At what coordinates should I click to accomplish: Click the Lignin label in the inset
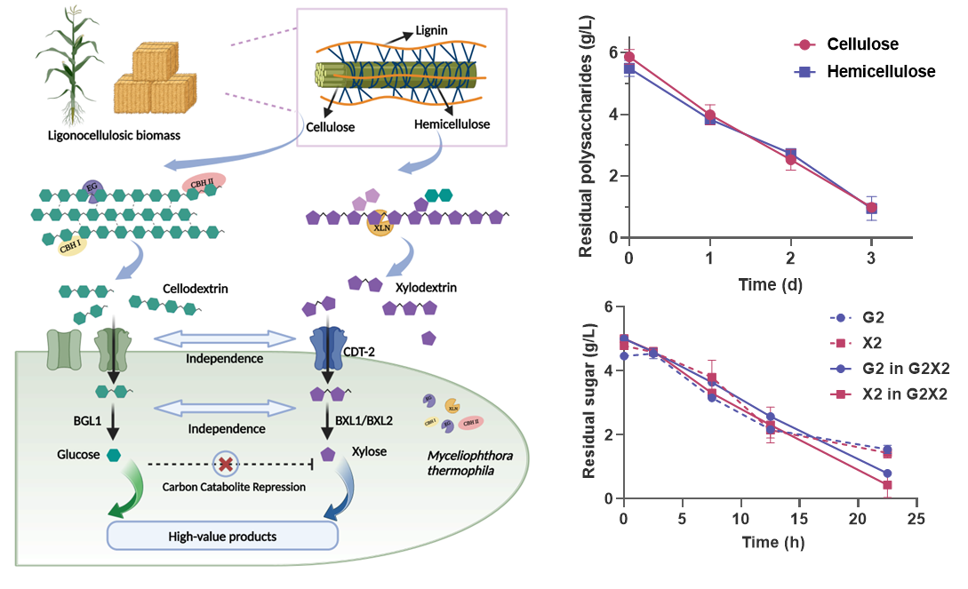point(432,33)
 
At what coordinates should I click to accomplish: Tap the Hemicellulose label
point(452,125)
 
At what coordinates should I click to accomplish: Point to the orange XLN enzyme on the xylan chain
point(380,225)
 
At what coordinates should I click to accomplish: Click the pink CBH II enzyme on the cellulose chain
point(204,180)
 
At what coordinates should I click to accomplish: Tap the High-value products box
point(222,537)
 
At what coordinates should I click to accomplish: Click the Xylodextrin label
point(420,290)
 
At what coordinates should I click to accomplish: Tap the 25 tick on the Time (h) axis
point(916,518)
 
